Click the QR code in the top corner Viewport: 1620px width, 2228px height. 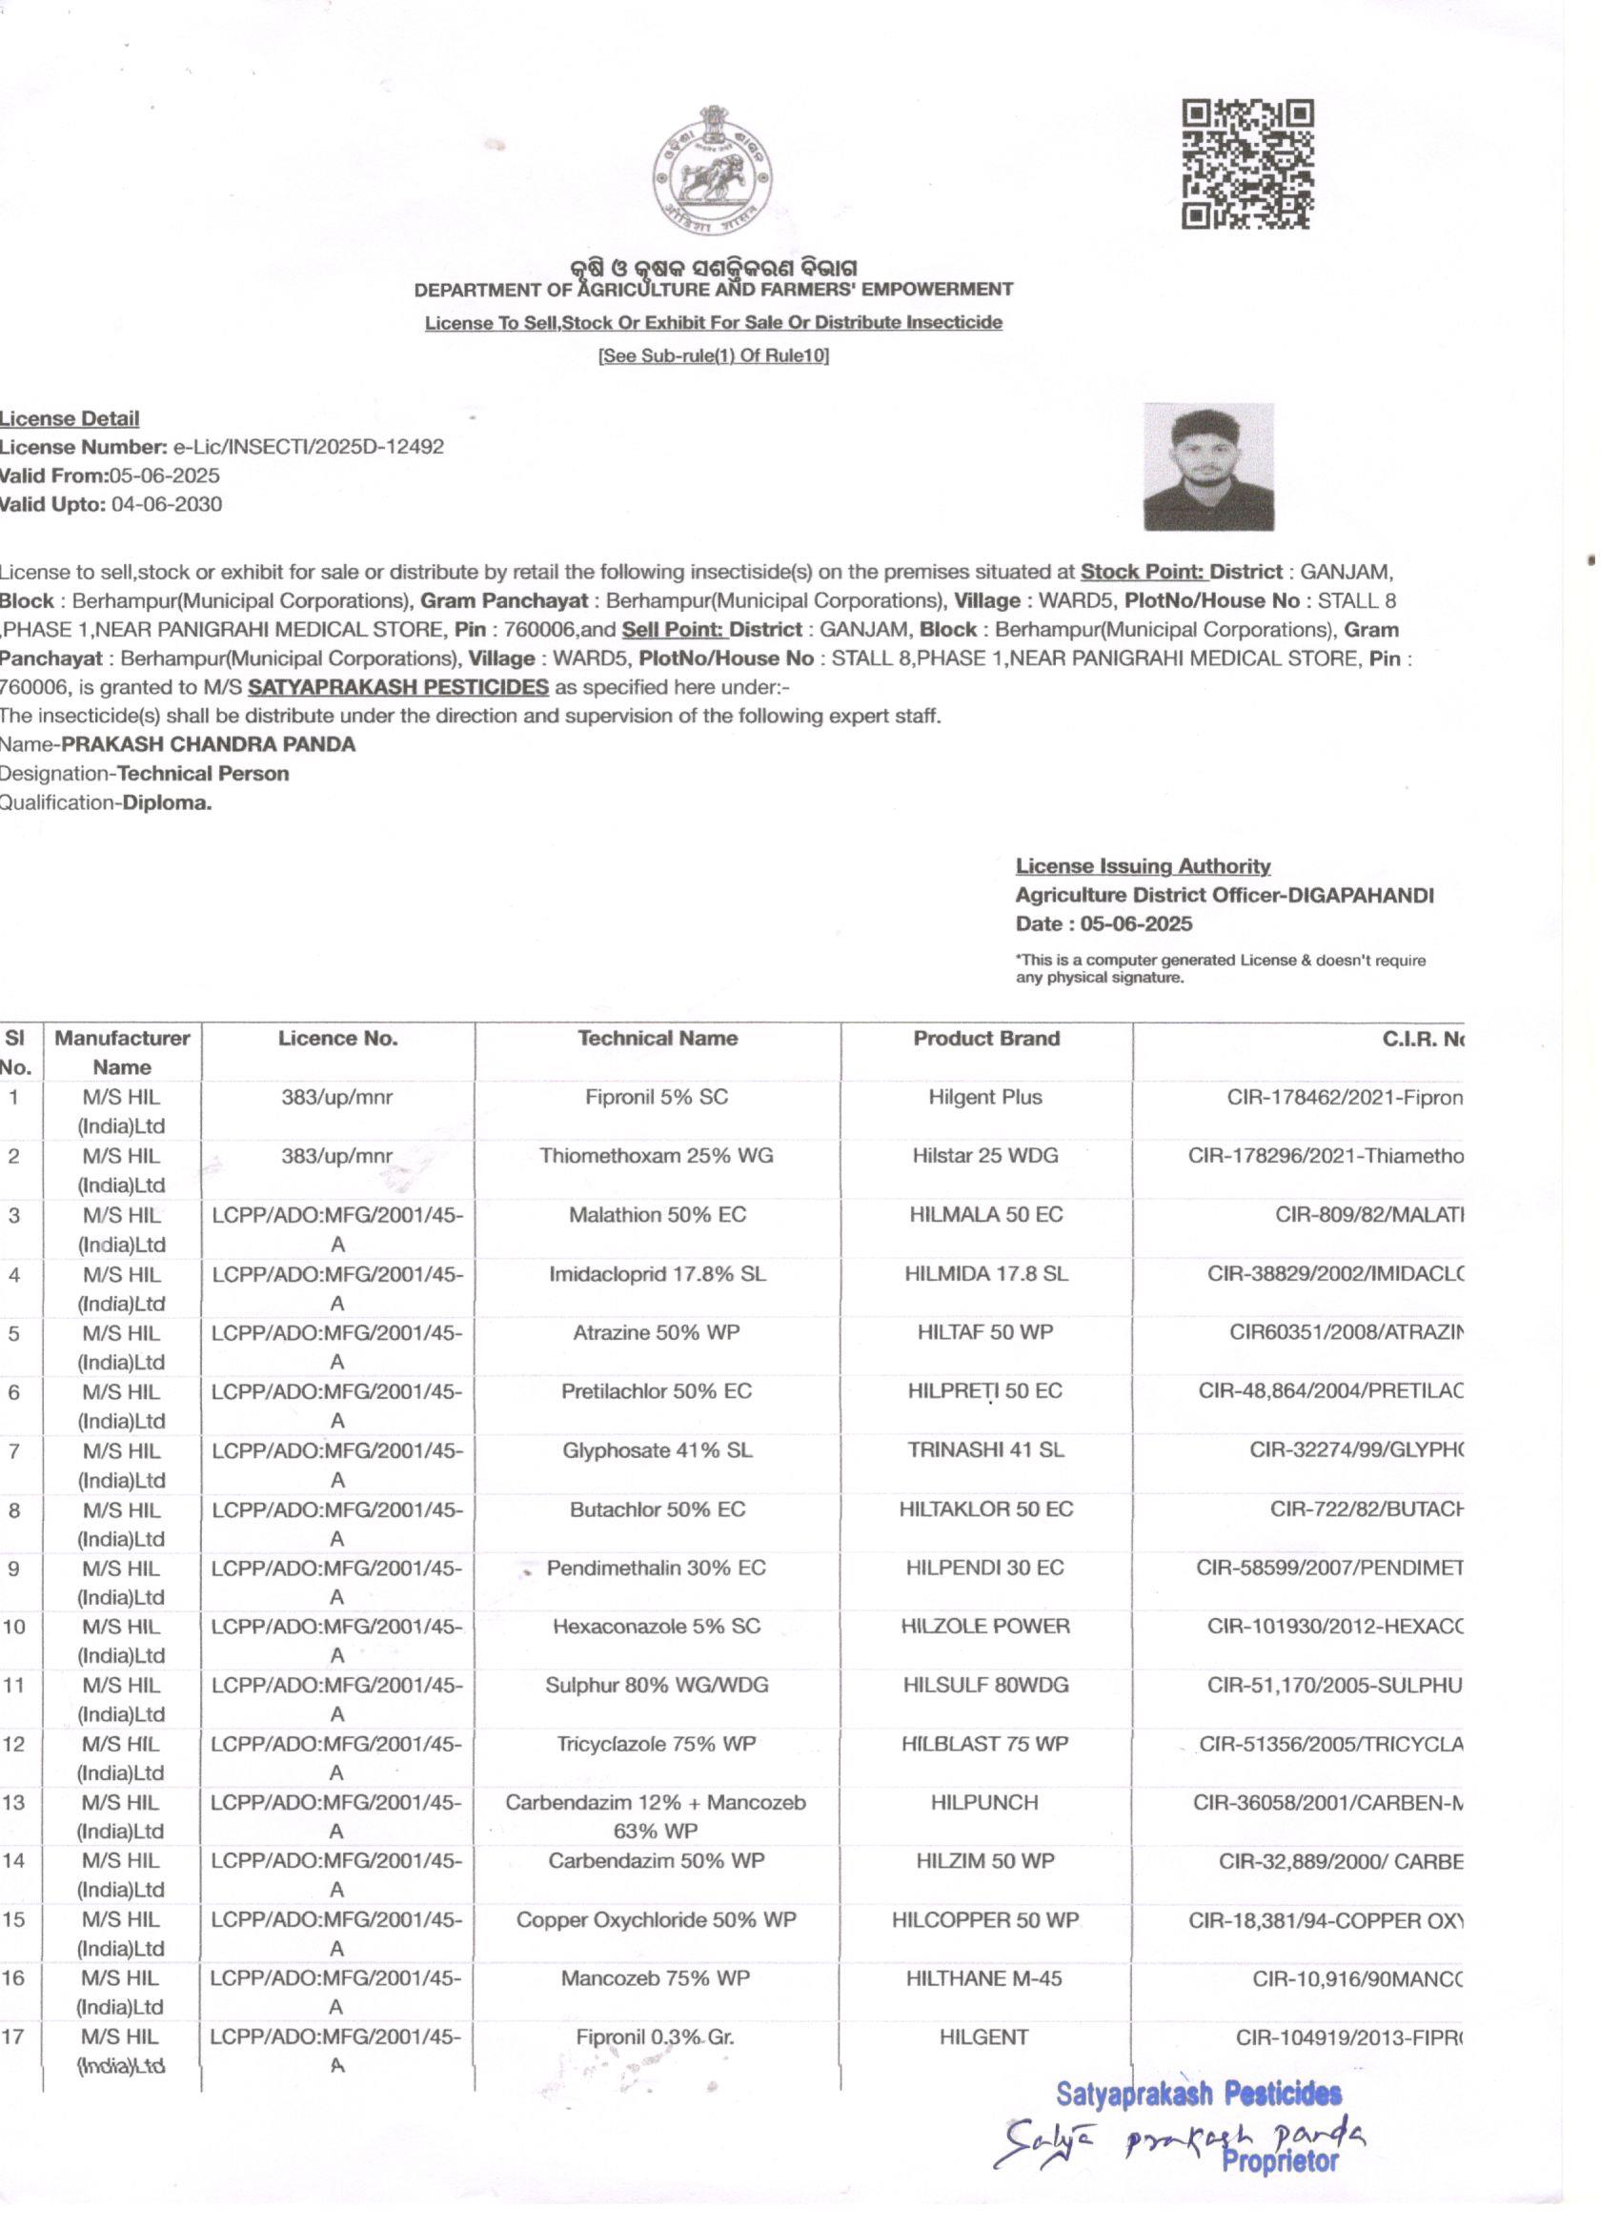point(1246,164)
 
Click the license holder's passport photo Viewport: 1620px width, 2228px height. point(1208,467)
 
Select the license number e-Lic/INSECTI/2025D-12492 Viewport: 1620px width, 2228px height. point(309,447)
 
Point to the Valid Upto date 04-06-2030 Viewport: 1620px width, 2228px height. point(166,505)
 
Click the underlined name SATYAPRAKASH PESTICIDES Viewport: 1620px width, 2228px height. point(399,687)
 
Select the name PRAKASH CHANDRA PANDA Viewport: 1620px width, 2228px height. point(209,744)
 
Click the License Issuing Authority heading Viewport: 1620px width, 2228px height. point(1143,866)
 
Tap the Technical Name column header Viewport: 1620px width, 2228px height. point(658,1039)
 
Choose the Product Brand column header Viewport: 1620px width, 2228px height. point(986,1039)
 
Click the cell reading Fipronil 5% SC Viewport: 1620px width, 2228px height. point(658,1097)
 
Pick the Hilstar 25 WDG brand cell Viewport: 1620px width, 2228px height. point(985,1155)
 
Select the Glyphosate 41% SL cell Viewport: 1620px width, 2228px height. point(658,1450)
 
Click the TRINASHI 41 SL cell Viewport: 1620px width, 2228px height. point(985,1450)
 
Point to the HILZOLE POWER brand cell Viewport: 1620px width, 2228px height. point(985,1626)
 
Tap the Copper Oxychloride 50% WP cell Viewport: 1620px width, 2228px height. point(657,1919)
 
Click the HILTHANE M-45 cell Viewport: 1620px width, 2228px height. point(984,1978)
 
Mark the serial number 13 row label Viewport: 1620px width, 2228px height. point(14,1803)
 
